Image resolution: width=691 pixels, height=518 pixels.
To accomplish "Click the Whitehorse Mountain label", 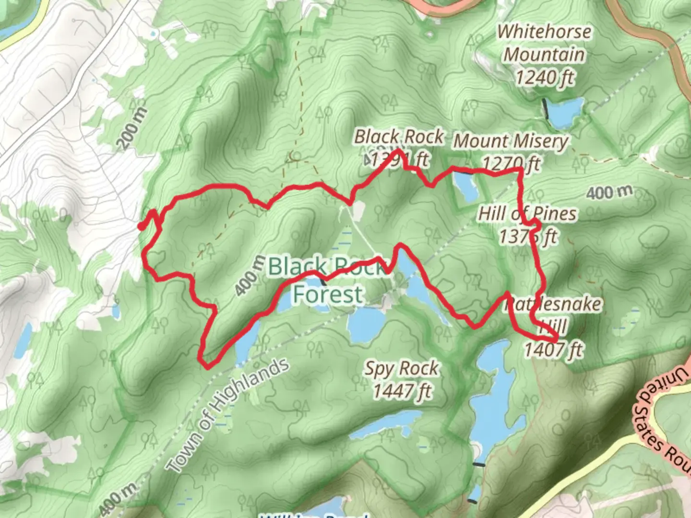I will (544, 43).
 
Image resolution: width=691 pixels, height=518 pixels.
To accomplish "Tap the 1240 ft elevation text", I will (544, 77).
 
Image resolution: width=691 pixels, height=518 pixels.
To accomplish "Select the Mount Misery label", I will (511, 141).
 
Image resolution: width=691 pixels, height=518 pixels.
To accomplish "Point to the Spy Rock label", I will (401, 368).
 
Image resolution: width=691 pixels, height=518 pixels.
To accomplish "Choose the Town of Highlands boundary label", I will (228, 415).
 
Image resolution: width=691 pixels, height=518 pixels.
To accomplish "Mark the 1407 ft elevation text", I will (553, 349).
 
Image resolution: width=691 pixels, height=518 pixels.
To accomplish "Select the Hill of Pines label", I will (527, 213).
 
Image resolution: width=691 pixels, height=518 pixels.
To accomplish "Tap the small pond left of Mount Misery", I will (466, 186).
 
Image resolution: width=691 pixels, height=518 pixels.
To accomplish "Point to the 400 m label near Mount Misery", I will (609, 192).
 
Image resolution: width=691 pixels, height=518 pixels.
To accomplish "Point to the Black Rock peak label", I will (398, 137).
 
